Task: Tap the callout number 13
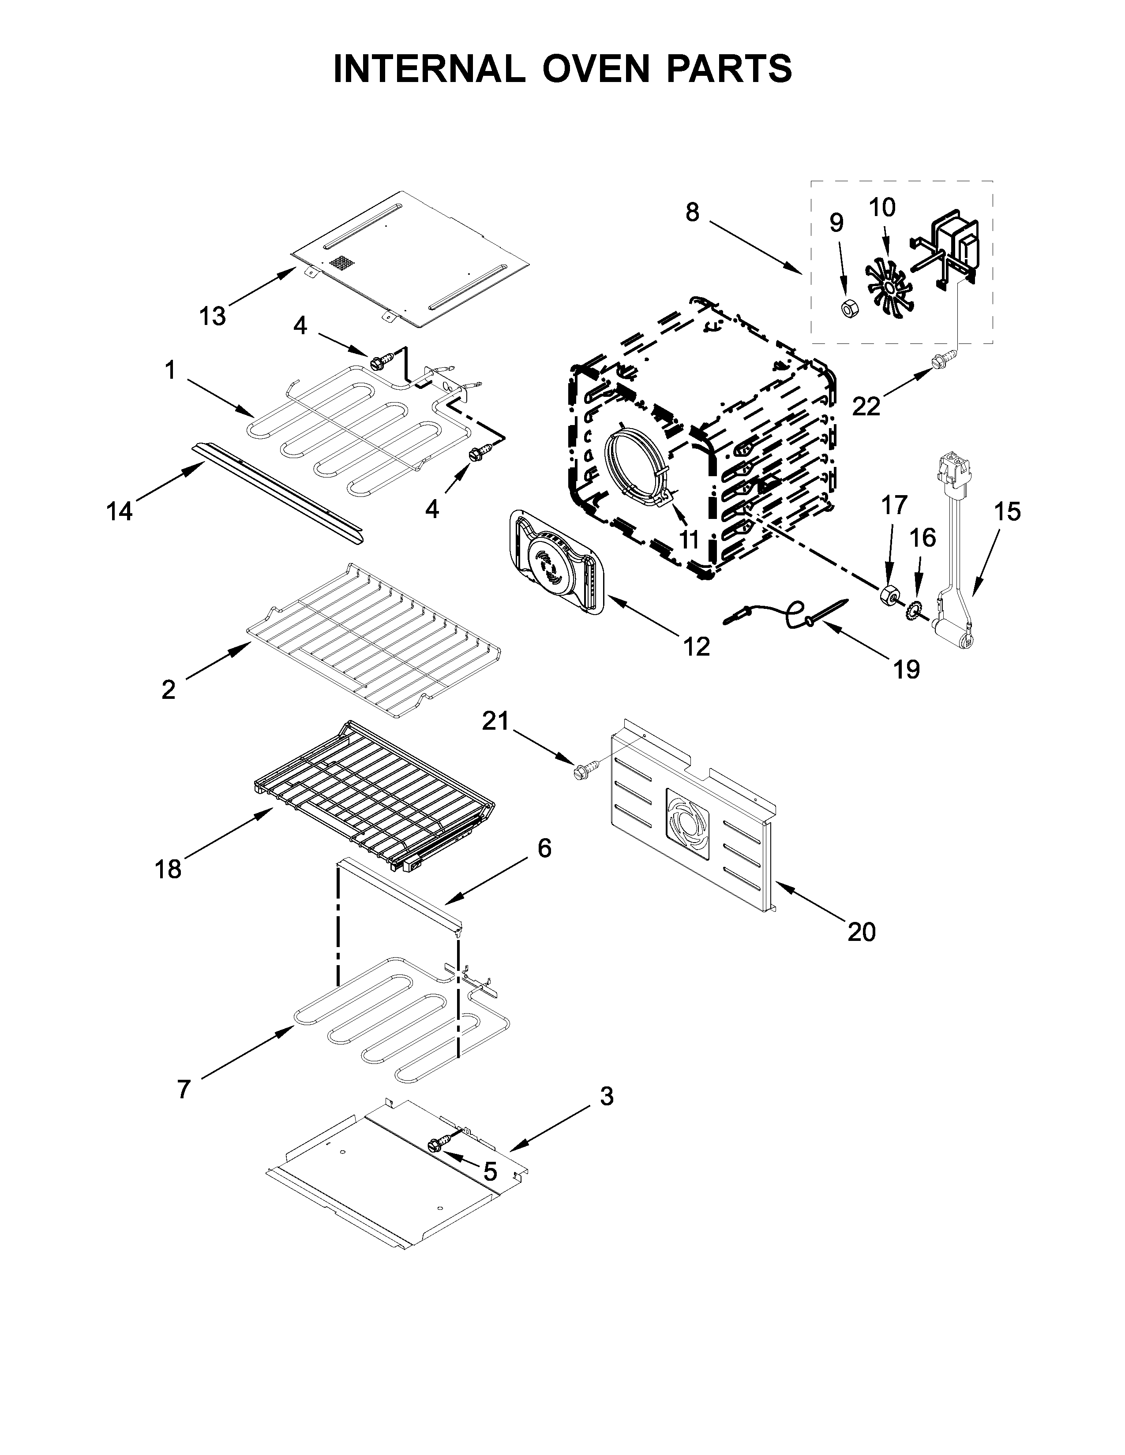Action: (x=213, y=317)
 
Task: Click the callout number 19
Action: (x=907, y=669)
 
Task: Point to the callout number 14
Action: (x=120, y=511)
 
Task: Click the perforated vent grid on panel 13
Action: (x=341, y=262)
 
